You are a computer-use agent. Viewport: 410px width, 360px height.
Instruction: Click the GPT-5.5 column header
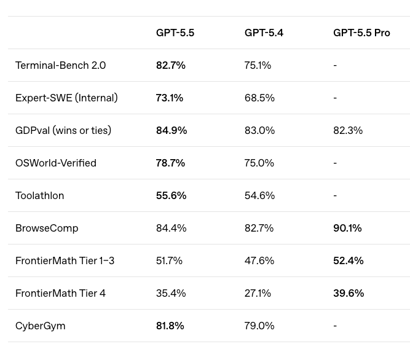(175, 33)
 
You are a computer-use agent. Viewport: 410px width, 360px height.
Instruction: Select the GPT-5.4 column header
(264, 33)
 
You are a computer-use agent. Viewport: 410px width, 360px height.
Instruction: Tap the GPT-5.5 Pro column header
(361, 33)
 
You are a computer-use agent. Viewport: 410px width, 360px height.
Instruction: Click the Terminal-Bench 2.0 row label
(60, 65)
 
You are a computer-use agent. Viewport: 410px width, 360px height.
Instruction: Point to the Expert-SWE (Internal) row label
(66, 98)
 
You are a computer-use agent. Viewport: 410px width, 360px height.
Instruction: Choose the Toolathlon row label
(40, 196)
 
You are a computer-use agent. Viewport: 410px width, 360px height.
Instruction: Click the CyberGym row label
(41, 326)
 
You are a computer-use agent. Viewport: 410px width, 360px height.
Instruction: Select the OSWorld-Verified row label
(56, 163)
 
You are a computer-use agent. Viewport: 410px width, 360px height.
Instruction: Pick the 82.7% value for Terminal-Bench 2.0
(171, 65)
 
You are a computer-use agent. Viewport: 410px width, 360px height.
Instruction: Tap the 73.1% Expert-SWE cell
(170, 98)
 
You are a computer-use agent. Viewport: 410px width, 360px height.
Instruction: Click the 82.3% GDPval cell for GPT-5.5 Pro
(348, 130)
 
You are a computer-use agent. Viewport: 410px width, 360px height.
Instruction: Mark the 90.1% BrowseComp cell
(347, 228)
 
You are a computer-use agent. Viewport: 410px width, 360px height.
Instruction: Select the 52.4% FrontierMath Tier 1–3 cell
(349, 260)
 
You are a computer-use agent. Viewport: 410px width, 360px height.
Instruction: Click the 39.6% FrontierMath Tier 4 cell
(349, 294)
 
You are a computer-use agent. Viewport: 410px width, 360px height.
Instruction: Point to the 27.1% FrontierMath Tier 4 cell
(258, 294)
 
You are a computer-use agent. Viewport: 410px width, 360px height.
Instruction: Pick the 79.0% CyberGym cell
(259, 326)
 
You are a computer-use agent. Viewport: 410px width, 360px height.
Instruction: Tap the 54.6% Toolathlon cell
(259, 196)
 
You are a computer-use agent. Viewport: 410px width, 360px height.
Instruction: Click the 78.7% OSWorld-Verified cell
(170, 163)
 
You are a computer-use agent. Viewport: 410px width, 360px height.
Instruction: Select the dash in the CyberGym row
(335, 326)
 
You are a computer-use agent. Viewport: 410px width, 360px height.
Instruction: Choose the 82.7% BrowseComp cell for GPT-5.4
(259, 228)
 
